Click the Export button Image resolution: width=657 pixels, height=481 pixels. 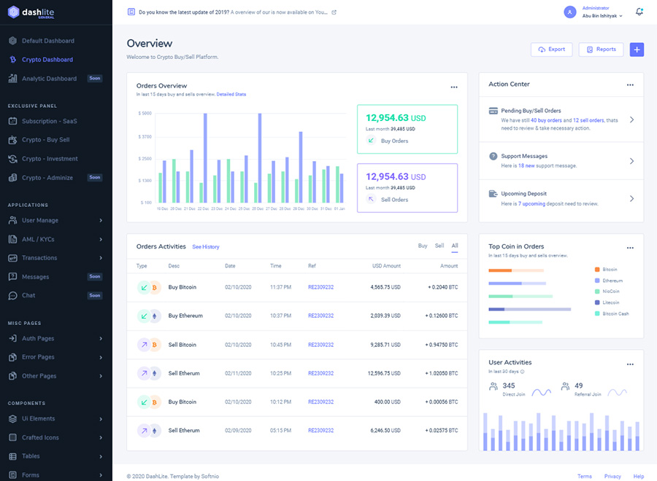point(551,50)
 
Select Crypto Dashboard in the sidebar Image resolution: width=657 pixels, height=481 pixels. point(47,60)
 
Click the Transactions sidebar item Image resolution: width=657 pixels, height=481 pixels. point(39,258)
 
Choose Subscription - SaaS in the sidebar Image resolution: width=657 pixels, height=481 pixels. point(49,121)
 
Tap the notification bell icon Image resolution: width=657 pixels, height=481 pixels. point(639,12)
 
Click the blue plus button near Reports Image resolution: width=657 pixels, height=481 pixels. point(637,50)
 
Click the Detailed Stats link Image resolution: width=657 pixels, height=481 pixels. point(231,94)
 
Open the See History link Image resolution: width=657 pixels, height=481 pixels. point(206,247)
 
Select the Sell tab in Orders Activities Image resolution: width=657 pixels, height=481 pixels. point(439,246)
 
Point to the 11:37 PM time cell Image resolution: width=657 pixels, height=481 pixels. point(280,287)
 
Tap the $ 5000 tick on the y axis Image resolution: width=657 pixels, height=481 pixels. point(144,114)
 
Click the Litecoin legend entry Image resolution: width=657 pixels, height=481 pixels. point(610,302)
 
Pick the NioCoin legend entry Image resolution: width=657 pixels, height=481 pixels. point(610,292)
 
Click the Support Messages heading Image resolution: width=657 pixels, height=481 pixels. point(524,156)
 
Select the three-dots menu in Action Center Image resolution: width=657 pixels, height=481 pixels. point(630,85)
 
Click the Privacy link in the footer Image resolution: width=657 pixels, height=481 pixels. point(612,476)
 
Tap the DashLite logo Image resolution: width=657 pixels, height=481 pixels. point(30,13)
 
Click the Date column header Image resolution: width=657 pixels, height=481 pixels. point(230,266)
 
